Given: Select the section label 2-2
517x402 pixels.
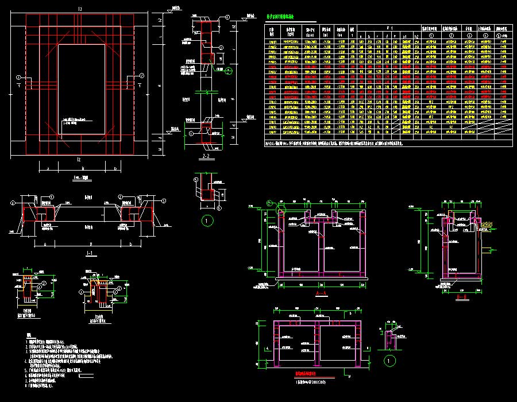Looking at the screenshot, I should pyautogui.click(x=206, y=156).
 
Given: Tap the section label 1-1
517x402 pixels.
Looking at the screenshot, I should pyautogui.click(x=88, y=253).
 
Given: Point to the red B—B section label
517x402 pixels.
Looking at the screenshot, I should pyautogui.click(x=460, y=297).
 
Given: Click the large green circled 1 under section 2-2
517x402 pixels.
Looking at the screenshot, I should pyautogui.click(x=208, y=220).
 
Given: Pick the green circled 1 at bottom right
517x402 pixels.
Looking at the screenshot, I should pyautogui.click(x=391, y=361).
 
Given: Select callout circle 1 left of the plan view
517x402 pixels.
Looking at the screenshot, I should pyautogui.click(x=19, y=77).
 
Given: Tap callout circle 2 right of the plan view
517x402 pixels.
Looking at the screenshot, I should pyautogui.click(x=141, y=76).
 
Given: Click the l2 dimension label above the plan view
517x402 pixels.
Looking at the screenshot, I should pyautogui.click(x=80, y=9).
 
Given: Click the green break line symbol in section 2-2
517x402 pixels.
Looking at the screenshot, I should pyautogui.click(x=206, y=92).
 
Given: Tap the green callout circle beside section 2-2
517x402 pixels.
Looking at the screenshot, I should pyautogui.click(x=229, y=71).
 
